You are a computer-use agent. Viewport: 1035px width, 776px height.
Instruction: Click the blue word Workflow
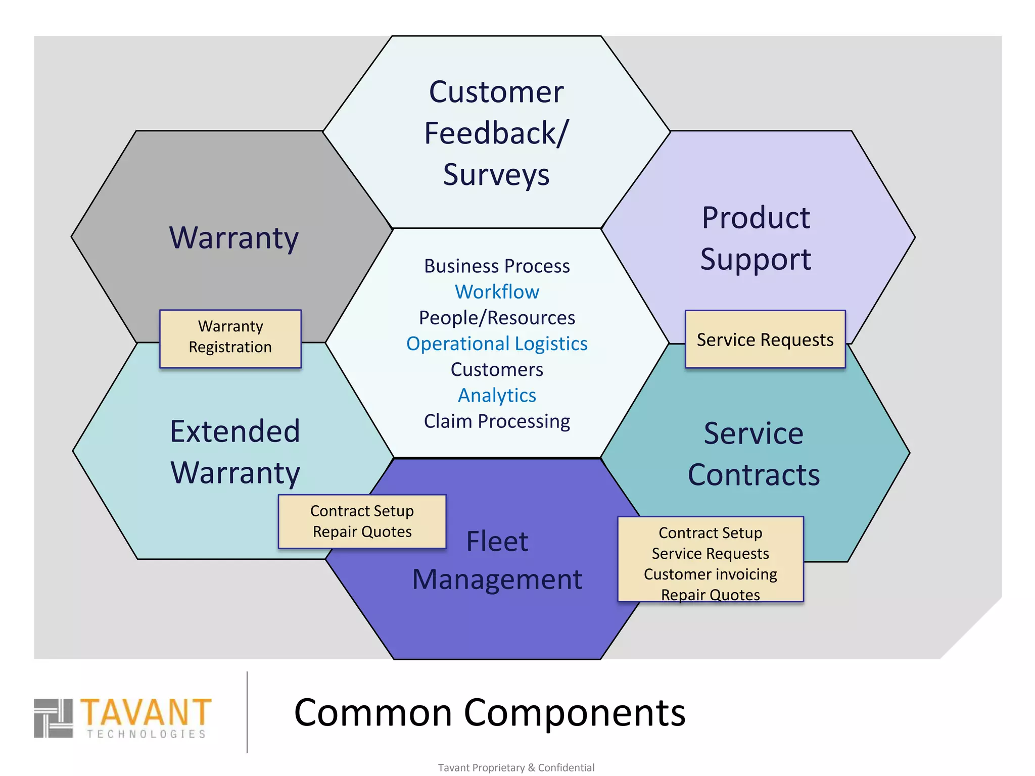pyautogui.click(x=497, y=292)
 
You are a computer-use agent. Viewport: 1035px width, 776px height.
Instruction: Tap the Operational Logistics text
pyautogui.click(x=497, y=344)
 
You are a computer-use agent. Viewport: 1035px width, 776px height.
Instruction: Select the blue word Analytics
pyautogui.click(x=497, y=396)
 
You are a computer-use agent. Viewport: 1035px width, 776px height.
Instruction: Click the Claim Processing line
pyautogui.click(x=497, y=421)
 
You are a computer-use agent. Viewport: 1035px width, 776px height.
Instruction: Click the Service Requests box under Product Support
pyautogui.click(x=765, y=339)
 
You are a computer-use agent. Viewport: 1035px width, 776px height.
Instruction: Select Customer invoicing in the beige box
pyautogui.click(x=710, y=574)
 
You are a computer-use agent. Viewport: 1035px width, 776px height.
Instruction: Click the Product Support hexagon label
pyautogui.click(x=756, y=238)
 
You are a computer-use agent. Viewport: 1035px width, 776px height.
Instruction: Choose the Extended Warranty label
pyautogui.click(x=235, y=452)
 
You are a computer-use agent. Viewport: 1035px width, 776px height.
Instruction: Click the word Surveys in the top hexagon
pyautogui.click(x=496, y=175)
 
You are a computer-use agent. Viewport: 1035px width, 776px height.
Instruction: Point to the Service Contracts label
pyautogui.click(x=754, y=454)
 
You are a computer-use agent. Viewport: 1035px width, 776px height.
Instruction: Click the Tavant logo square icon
pyautogui.click(x=53, y=718)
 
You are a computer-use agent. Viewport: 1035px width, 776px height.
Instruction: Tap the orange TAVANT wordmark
pyautogui.click(x=146, y=712)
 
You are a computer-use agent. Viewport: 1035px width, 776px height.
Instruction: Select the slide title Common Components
pyautogui.click(x=489, y=713)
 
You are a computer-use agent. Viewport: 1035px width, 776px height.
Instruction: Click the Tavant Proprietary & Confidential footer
pyautogui.click(x=516, y=767)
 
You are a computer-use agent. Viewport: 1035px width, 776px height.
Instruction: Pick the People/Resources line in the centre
pyautogui.click(x=497, y=318)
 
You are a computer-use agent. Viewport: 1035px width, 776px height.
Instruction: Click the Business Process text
pyautogui.click(x=497, y=266)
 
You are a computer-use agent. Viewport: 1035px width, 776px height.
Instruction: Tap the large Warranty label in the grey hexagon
pyautogui.click(x=233, y=237)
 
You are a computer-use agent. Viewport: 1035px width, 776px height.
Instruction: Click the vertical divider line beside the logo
pyautogui.click(x=247, y=712)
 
